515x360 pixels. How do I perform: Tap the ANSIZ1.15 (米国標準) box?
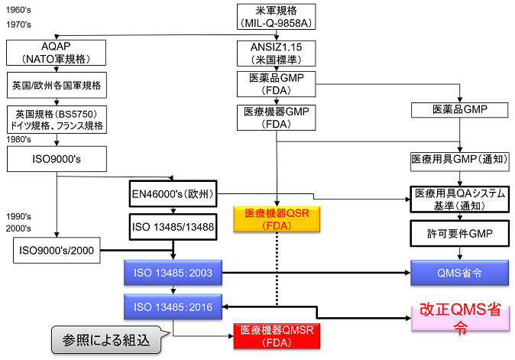coord(276,53)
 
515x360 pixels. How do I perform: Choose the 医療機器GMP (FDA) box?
coord(276,118)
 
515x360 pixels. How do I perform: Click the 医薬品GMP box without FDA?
coord(459,110)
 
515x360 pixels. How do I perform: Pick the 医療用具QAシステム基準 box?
coord(459,199)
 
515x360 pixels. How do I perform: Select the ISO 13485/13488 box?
coord(174,228)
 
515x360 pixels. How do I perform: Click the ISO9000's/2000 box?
coord(57,250)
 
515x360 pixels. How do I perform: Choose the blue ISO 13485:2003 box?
coord(174,272)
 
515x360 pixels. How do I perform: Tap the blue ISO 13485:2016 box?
coord(174,307)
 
